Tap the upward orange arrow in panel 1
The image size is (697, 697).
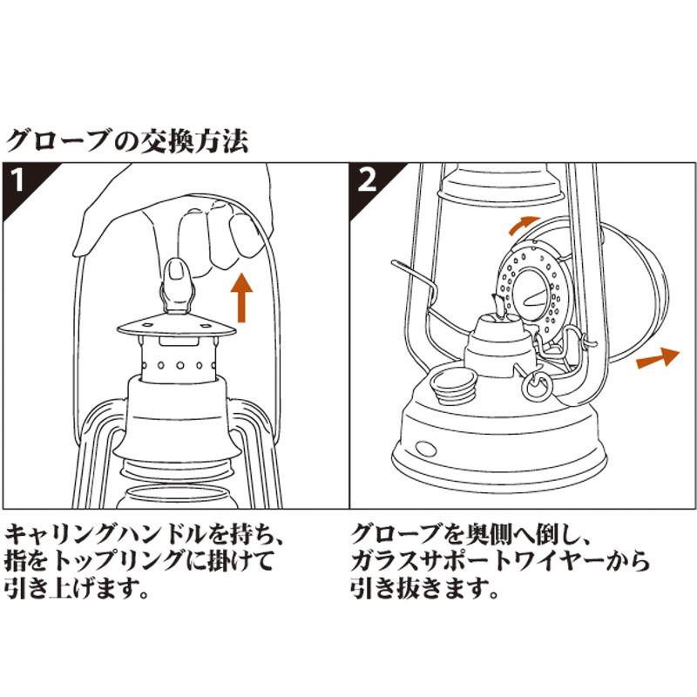coord(244,296)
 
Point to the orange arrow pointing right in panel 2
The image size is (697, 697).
coord(655,356)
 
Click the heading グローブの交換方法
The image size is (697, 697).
coord(127,140)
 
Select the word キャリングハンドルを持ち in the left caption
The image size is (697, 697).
coord(144,532)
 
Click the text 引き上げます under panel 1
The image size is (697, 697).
coord(78,589)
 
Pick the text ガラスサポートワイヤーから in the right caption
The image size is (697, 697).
coord(501,561)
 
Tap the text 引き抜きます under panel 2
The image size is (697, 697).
coord(426,589)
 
